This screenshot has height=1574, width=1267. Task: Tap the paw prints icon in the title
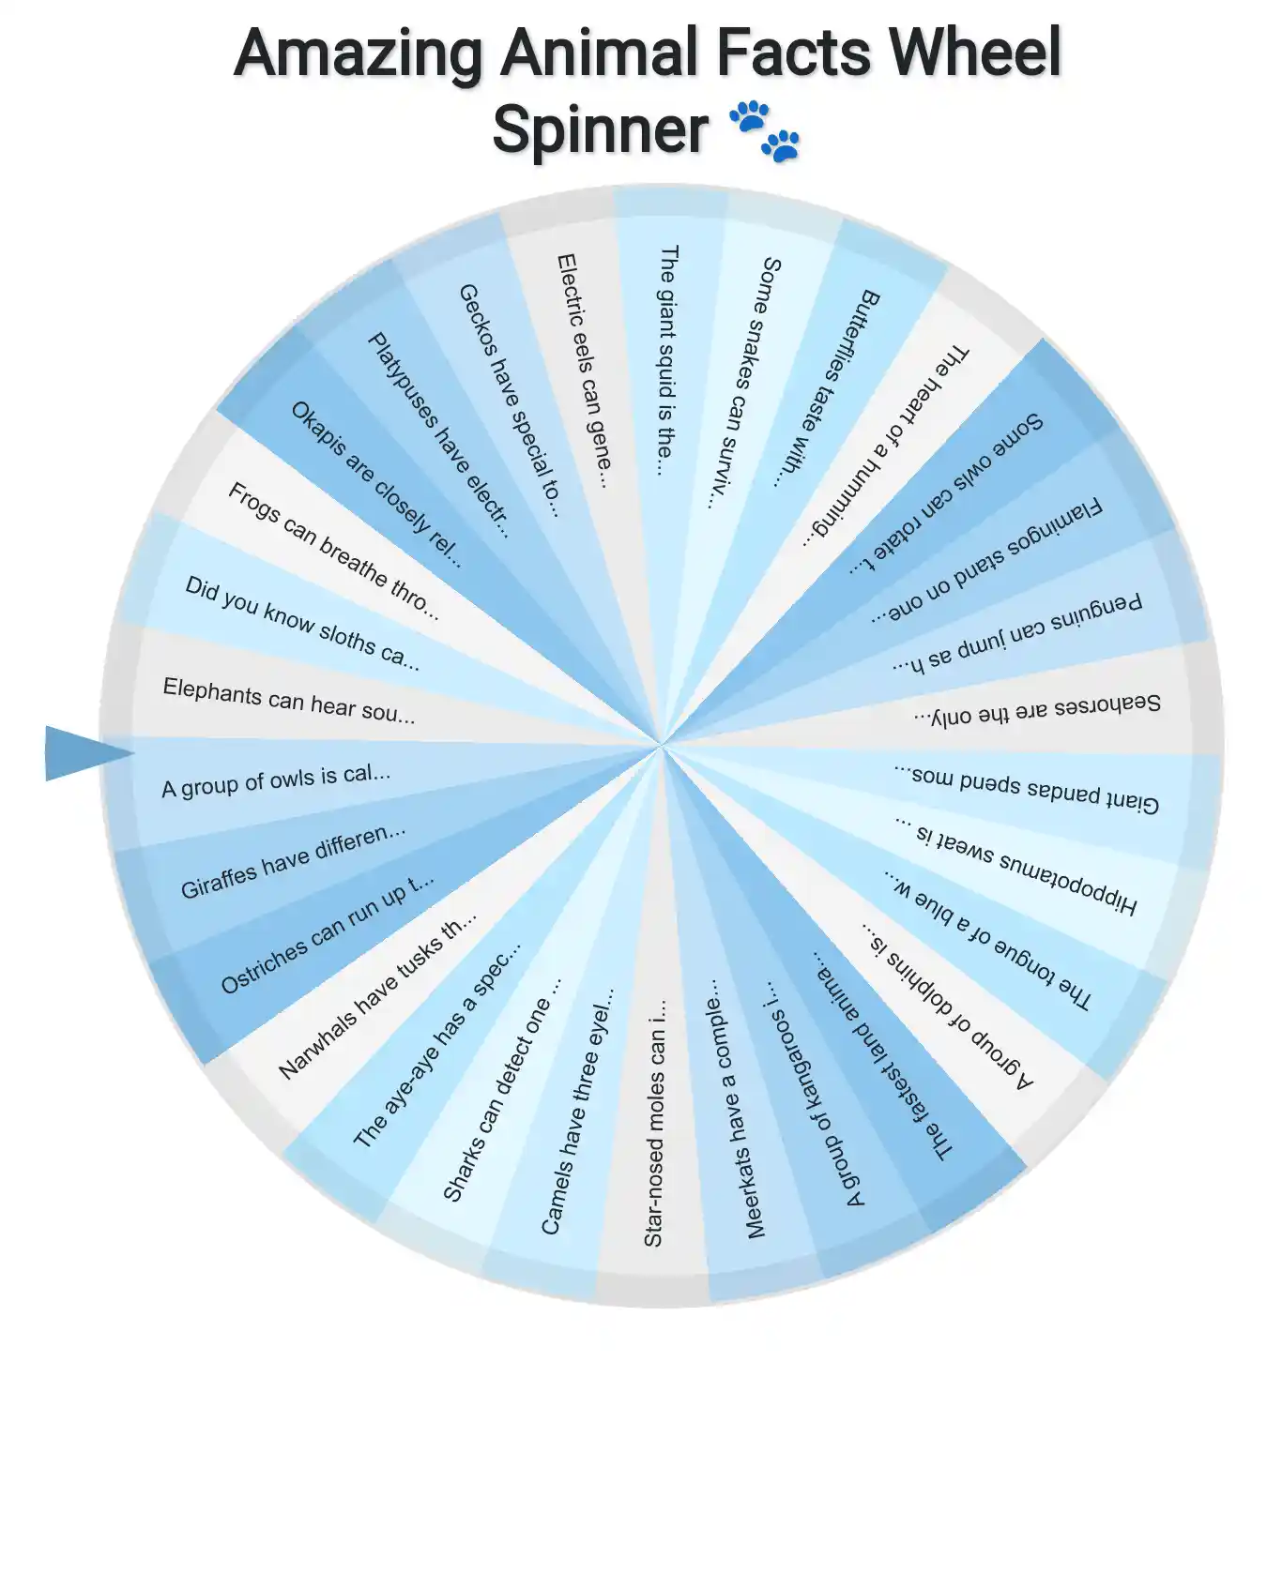coord(765,131)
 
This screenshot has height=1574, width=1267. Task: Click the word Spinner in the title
coord(600,129)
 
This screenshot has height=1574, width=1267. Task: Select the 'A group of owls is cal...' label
coord(276,780)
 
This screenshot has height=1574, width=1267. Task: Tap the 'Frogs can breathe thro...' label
coord(333,551)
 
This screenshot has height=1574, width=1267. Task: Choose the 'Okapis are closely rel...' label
coord(376,484)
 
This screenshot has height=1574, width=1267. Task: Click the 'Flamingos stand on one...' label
coord(985,562)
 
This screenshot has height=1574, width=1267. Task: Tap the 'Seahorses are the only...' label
coord(1037,710)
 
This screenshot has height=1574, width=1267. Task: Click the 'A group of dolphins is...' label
coord(948,1006)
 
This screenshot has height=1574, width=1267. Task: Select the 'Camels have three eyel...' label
coord(578,1111)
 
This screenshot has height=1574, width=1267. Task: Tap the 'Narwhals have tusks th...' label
coord(378,996)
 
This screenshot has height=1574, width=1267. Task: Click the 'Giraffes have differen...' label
coord(293,861)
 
